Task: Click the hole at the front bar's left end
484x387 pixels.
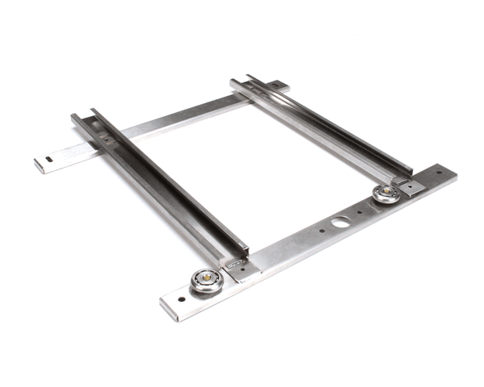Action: tap(180, 298)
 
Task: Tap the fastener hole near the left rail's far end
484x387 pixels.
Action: tap(105, 139)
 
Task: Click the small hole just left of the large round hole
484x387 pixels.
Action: tap(321, 229)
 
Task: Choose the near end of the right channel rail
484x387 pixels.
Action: tap(407, 173)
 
